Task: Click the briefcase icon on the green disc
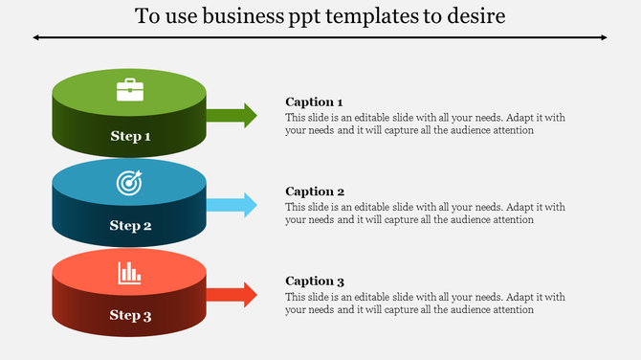(130, 91)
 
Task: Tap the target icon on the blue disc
(129, 182)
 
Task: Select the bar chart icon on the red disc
(129, 273)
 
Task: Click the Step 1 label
(131, 137)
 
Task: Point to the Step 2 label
(131, 226)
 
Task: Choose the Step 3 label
(131, 316)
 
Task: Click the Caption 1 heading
(314, 102)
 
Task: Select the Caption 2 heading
(315, 191)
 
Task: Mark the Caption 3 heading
(315, 281)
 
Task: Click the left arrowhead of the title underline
(36, 37)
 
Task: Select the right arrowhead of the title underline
(604, 37)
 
